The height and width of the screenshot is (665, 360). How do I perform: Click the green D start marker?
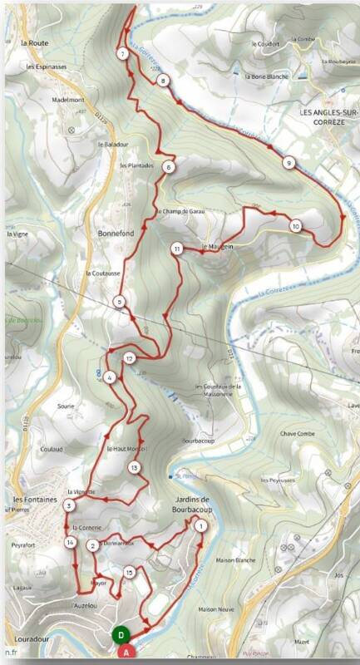(121, 636)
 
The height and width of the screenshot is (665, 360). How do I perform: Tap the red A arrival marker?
(126, 653)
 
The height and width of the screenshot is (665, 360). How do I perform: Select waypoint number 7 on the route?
(122, 54)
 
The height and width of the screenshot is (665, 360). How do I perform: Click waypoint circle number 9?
(288, 162)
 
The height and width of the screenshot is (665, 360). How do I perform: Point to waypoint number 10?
(295, 225)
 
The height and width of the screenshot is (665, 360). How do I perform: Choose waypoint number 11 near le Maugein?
(177, 249)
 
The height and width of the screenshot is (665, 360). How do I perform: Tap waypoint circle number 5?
(121, 302)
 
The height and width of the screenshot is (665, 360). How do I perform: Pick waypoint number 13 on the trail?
(134, 468)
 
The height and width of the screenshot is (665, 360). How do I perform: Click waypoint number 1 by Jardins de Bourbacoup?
(200, 525)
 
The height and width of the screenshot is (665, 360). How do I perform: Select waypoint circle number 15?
(129, 572)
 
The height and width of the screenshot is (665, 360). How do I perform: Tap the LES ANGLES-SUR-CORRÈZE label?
(326, 113)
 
